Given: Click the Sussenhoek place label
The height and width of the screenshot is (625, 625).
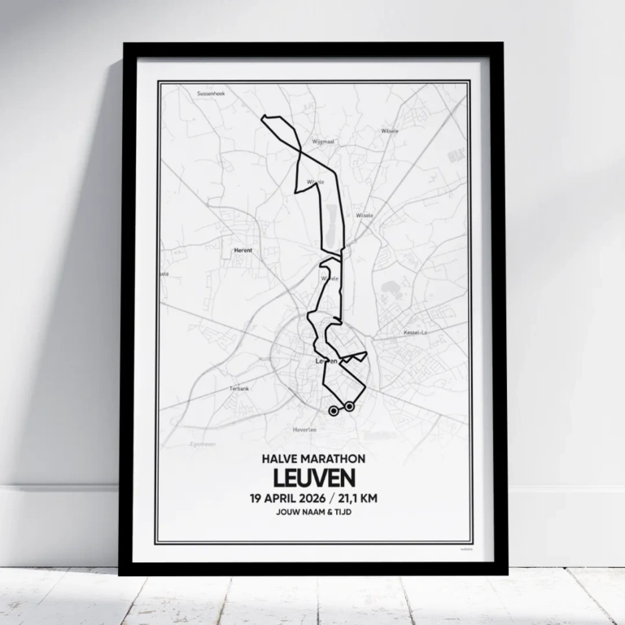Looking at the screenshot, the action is [x=210, y=94].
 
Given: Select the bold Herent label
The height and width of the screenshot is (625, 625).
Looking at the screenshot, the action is [x=243, y=251].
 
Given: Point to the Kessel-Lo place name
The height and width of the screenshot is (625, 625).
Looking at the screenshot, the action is [x=416, y=333].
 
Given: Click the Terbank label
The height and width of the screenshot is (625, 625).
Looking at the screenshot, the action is [x=238, y=389].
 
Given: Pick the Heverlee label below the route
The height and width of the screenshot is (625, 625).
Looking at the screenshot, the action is [x=303, y=429].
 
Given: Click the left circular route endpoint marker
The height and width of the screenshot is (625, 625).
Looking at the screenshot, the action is [x=334, y=411].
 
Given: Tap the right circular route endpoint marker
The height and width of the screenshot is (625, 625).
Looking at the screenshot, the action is [x=349, y=405].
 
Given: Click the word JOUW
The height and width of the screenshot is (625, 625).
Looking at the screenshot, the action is [x=285, y=514].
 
